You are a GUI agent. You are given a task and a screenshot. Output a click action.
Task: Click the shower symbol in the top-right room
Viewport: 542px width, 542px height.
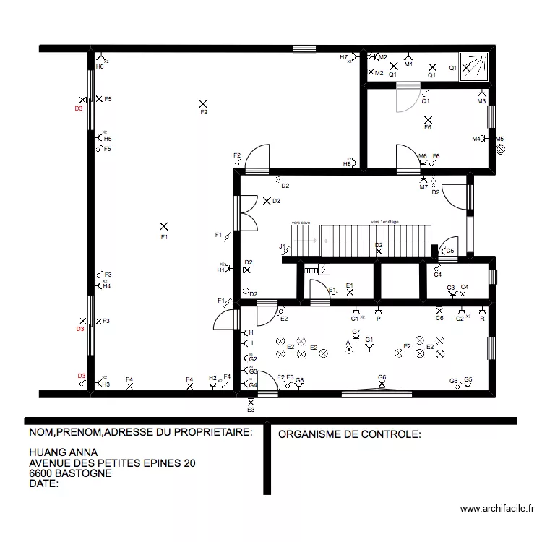(474, 67)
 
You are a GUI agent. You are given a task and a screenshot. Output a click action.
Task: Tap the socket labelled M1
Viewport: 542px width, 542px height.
(408, 57)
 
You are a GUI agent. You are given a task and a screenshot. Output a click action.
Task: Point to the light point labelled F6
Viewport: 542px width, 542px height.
(428, 120)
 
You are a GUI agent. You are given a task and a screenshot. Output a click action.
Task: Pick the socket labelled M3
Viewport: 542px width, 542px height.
(481, 93)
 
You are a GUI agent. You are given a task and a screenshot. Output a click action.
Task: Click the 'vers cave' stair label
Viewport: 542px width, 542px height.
(300, 223)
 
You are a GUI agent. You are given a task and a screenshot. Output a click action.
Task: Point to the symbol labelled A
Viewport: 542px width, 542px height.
(348, 349)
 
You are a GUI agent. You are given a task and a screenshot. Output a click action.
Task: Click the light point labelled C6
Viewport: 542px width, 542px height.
(439, 311)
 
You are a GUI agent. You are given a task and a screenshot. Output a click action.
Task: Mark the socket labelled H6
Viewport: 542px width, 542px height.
(100, 59)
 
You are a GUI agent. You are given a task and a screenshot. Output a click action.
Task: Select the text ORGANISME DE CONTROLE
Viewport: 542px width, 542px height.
(349, 434)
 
